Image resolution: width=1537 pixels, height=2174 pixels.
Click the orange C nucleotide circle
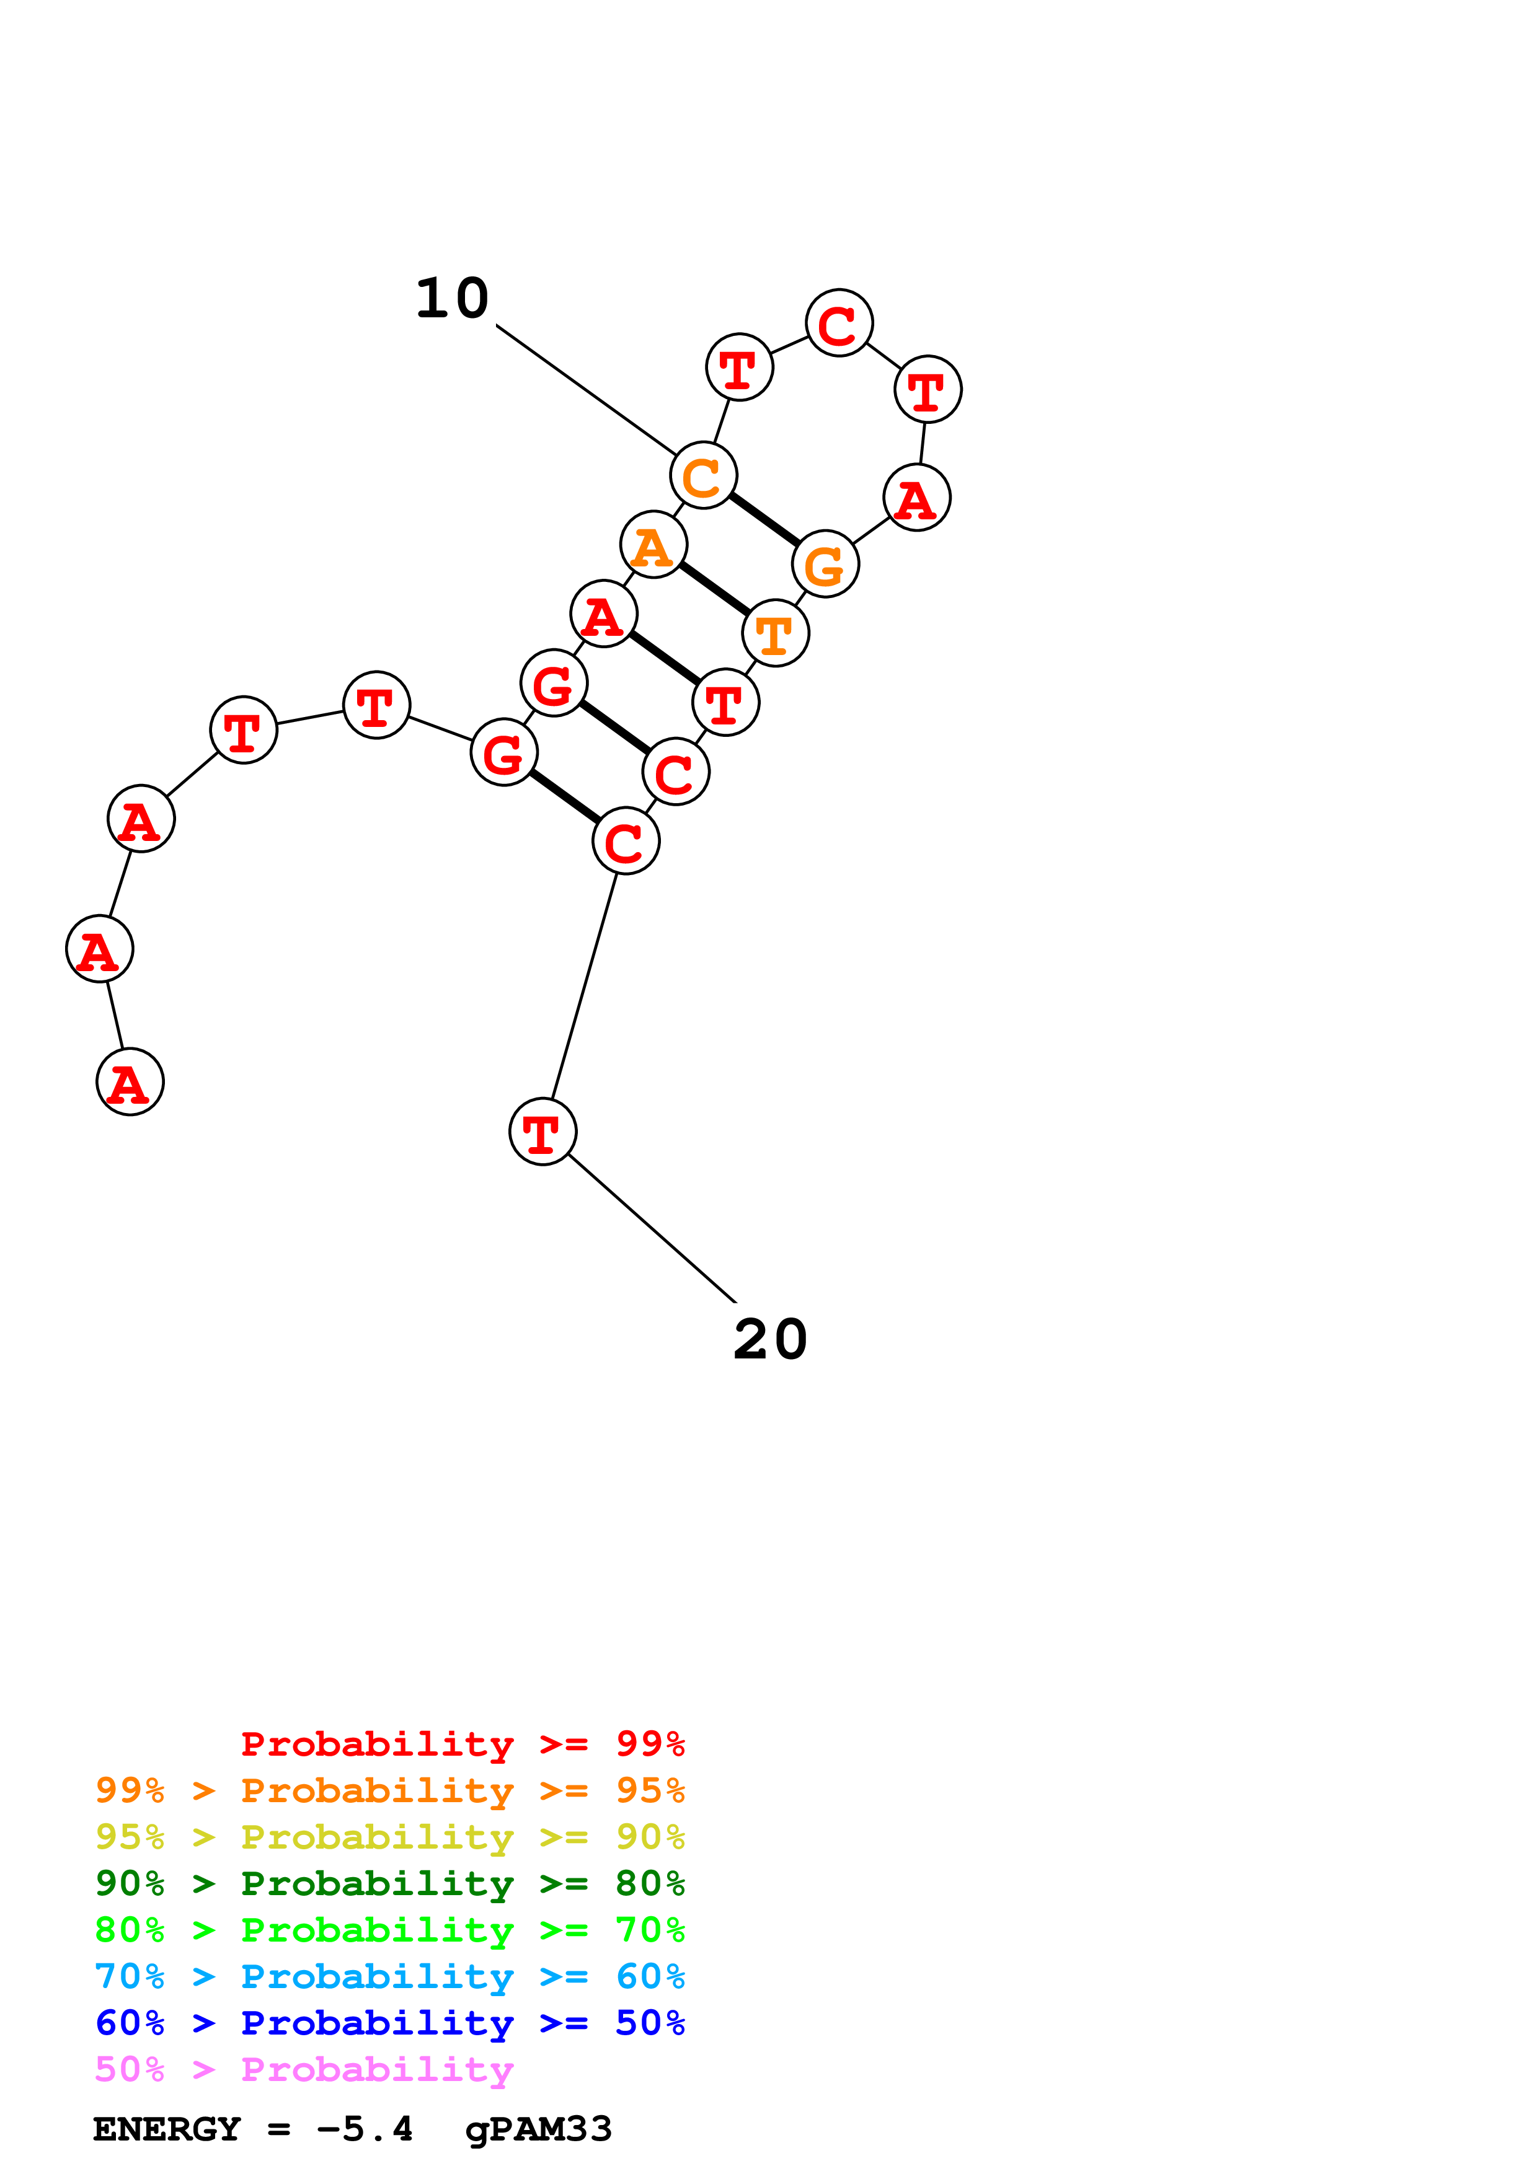[702, 475]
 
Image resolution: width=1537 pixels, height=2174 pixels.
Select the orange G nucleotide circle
[825, 565]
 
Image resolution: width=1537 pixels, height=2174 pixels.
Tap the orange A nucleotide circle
[653, 545]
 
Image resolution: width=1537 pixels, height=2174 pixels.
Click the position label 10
[452, 299]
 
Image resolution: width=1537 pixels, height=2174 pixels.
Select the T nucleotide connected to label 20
[543, 1132]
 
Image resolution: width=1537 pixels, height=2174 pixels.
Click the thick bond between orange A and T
[714, 589]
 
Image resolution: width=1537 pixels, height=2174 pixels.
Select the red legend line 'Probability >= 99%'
[462, 1743]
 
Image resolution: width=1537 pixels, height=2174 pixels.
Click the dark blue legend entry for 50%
[389, 2023]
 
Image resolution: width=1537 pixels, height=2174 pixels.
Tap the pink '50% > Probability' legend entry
[304, 2070]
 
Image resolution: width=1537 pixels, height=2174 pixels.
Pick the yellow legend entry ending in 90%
[389, 1837]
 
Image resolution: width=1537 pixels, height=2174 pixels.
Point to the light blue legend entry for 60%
[389, 1976]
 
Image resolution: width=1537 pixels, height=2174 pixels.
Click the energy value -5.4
[365, 2129]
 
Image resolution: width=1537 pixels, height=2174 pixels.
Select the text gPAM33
[538, 2129]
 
